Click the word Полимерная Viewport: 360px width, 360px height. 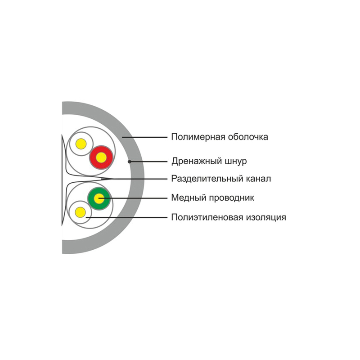tap(198, 137)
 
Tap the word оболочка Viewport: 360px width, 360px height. tap(248, 137)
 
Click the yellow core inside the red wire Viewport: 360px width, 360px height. tap(101, 157)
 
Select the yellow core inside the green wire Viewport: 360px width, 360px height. tap(99, 198)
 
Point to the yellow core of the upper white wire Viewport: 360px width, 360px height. tap(81, 144)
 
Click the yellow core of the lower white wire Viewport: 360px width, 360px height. tap(80, 212)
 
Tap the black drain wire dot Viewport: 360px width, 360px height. tap(130, 162)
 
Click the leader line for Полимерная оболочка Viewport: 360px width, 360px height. tap(145, 137)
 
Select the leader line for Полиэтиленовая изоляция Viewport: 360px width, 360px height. tap(126, 217)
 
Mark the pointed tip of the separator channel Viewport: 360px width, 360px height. tap(114, 179)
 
